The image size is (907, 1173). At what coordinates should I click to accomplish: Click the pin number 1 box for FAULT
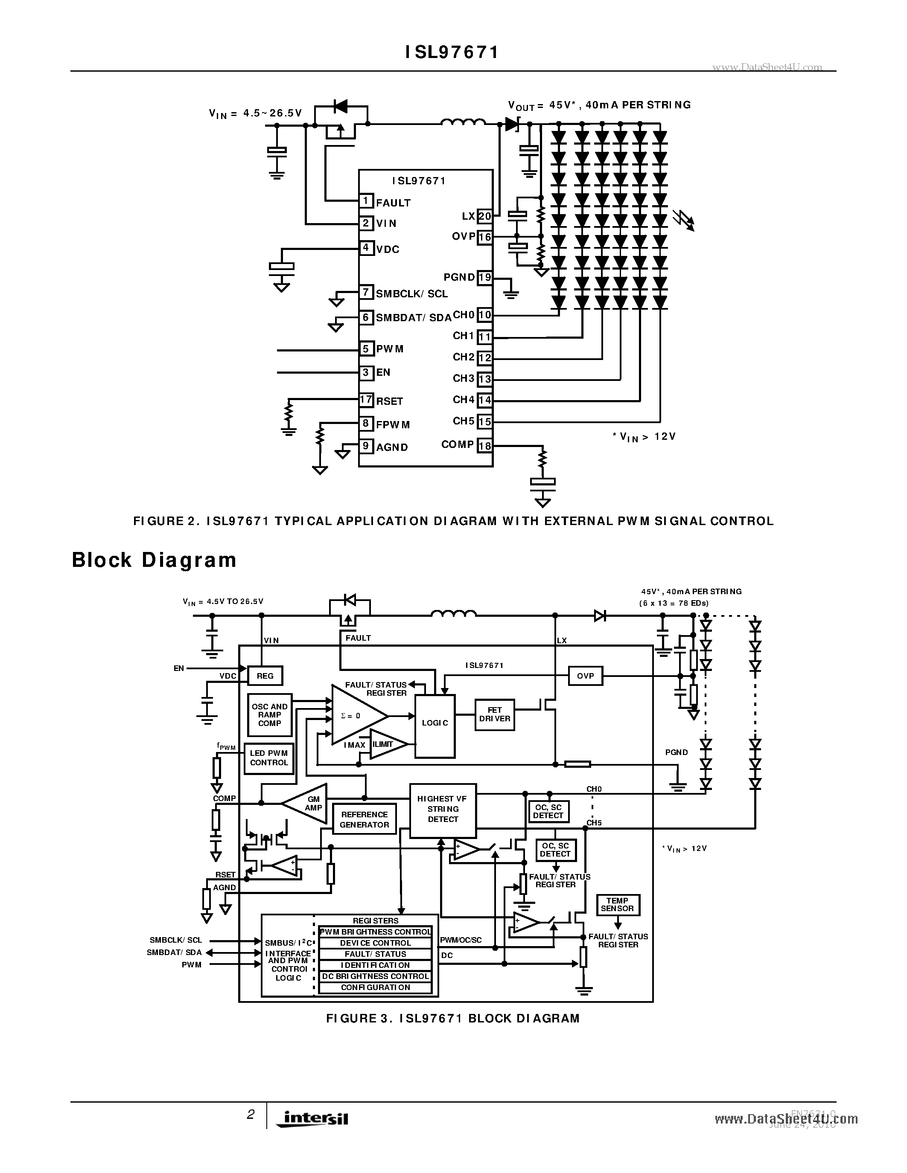366,201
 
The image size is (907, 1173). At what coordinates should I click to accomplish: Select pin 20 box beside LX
485,216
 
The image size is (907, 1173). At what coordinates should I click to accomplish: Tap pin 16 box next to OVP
485,237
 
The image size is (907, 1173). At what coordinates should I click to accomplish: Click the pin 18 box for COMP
485,445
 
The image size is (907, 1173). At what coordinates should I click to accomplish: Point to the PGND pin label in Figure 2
459,277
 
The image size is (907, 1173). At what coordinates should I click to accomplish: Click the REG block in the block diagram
265,676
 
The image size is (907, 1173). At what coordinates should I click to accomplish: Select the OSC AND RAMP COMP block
269,715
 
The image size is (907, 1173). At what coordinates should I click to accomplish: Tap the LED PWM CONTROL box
268,758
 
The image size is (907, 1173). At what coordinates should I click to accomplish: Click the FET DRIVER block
494,714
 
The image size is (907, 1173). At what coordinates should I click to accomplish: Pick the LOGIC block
435,723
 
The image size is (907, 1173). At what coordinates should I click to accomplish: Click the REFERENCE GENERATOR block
365,819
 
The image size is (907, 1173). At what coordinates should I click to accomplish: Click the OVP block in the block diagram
585,676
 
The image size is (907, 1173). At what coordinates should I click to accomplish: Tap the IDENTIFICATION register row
375,965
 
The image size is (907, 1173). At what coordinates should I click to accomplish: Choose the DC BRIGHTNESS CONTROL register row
375,976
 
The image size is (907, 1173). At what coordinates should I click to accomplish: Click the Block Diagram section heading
154,560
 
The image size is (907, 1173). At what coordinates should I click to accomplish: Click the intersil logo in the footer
312,1118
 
